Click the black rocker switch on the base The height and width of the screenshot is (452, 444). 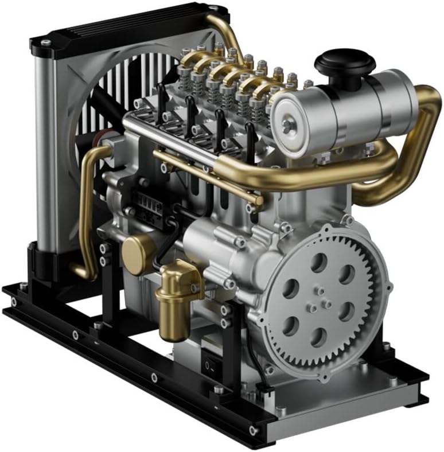click(x=212, y=364)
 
